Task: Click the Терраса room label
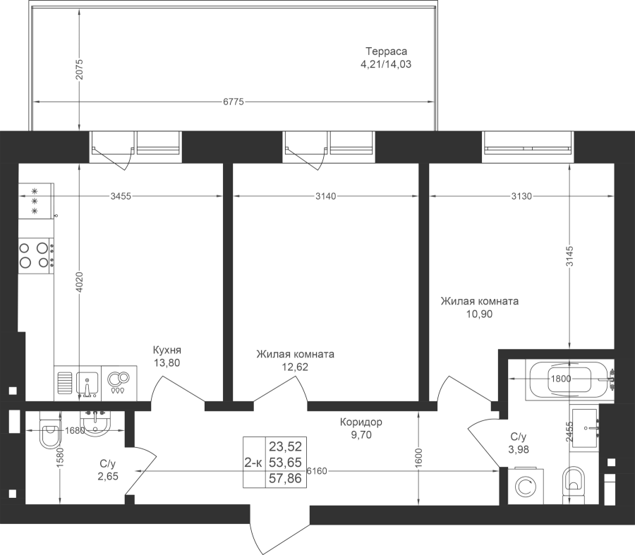[x=386, y=51]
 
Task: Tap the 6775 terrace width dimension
[x=233, y=103]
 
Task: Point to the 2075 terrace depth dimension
[x=80, y=69]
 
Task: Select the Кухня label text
[x=168, y=350]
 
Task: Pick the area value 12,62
[x=295, y=367]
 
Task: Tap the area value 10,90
[x=479, y=314]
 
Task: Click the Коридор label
[x=361, y=422]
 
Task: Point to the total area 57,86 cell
[x=285, y=478]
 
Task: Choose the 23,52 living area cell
[x=285, y=446]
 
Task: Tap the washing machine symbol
[x=525, y=487]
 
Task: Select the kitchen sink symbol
[x=87, y=382]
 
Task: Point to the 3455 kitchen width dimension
[x=121, y=196]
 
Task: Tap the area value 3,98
[x=519, y=449]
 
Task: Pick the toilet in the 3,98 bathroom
[x=575, y=484]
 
